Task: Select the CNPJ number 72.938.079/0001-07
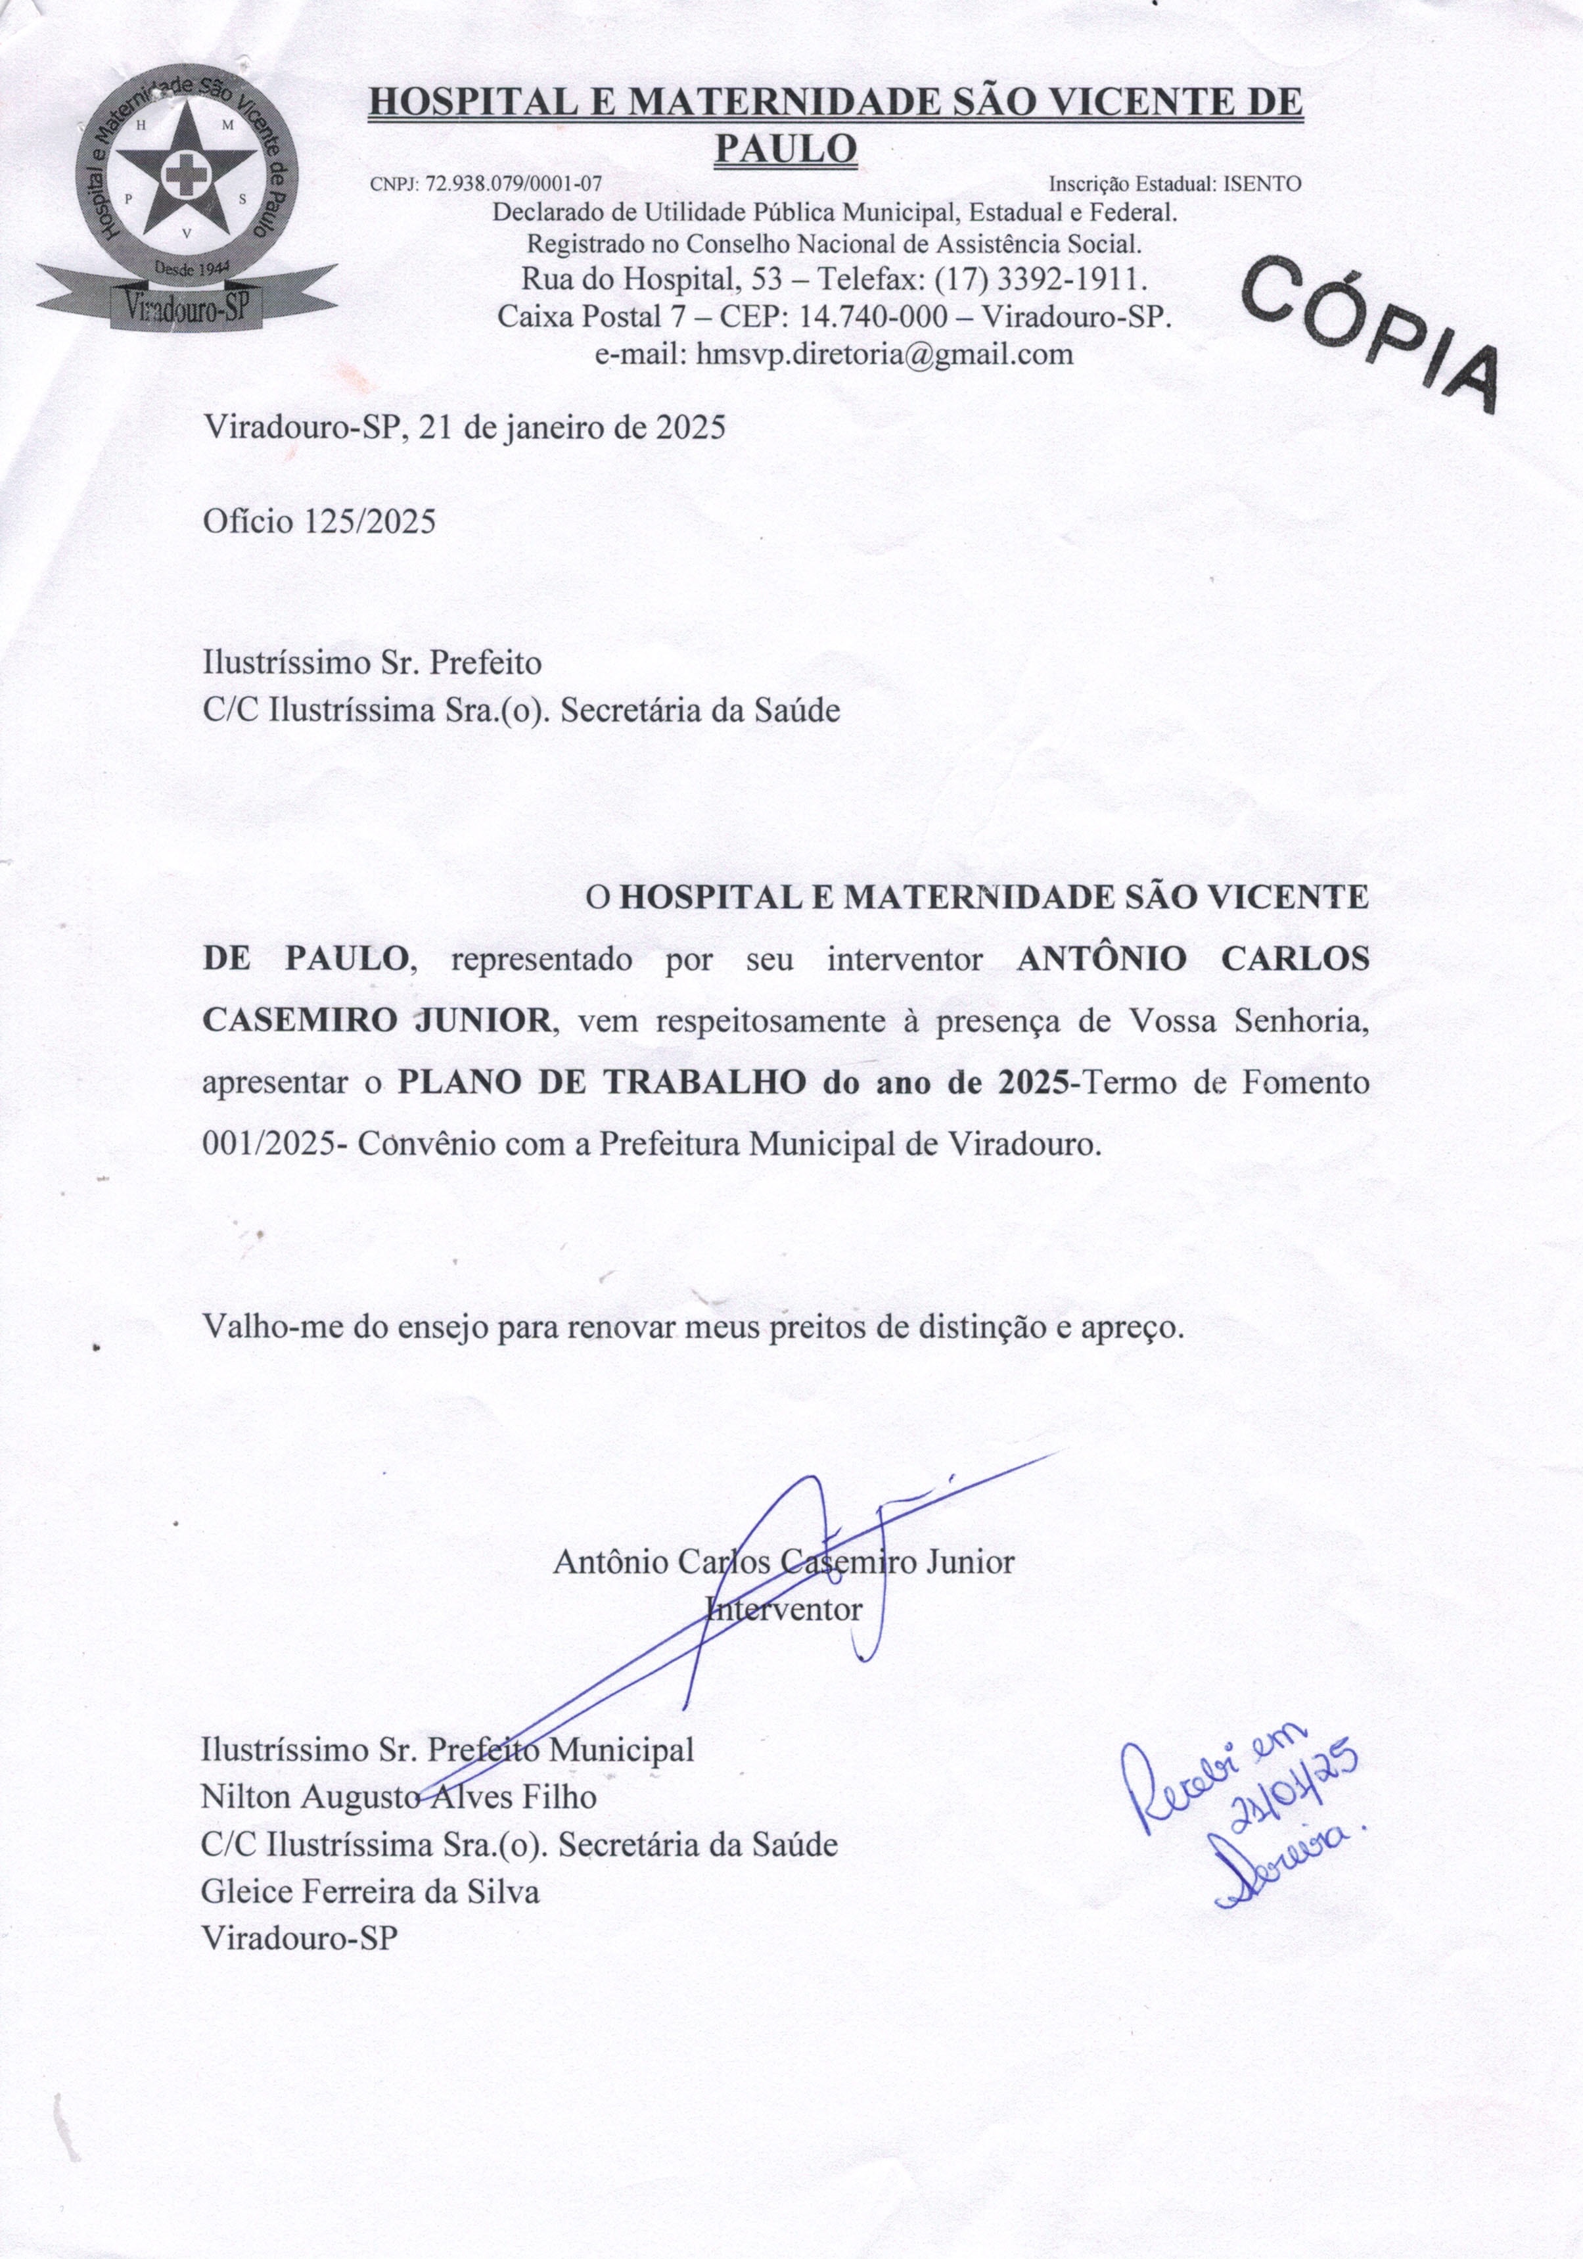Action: coord(513,184)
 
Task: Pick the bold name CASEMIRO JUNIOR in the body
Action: coord(377,1020)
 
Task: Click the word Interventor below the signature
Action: coord(784,1610)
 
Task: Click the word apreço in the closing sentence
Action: coord(1130,1327)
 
